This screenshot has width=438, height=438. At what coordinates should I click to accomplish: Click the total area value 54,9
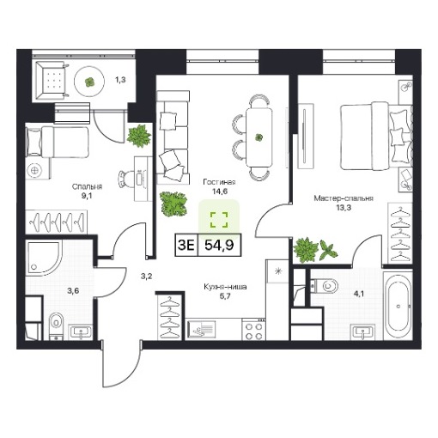219,245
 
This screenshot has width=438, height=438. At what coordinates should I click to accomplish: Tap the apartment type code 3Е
186,245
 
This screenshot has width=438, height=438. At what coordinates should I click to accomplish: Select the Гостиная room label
219,182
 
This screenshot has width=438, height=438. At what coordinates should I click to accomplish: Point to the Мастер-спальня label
344,198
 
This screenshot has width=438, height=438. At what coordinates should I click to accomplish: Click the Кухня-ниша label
225,287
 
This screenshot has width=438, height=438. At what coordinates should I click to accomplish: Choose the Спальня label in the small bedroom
87,187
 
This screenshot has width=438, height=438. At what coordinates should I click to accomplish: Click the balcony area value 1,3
120,80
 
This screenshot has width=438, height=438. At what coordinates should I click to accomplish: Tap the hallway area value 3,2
146,277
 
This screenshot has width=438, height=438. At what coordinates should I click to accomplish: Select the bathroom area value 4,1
359,294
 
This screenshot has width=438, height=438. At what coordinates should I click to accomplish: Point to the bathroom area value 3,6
73,291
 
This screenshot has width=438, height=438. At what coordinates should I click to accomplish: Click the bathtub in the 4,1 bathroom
398,307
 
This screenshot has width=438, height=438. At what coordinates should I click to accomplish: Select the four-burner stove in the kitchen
253,330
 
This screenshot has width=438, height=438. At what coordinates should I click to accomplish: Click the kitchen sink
202,331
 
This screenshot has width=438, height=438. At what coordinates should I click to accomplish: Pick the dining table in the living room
259,137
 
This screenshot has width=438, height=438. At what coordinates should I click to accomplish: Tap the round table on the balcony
89,82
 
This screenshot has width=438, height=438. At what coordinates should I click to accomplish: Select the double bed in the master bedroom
375,136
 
